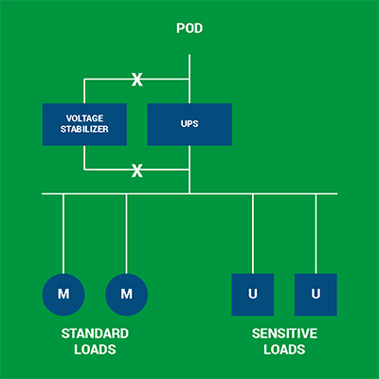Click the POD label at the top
189,28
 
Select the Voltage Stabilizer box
84,124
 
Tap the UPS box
189,124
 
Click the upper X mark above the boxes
136,80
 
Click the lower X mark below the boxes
136,171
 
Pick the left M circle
63,294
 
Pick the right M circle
126,294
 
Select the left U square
253,294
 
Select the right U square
316,294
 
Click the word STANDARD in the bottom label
95,334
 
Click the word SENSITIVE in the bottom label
284,334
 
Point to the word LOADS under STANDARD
95,350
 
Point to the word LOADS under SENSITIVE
284,350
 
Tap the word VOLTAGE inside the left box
84,118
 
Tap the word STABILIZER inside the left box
84,130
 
